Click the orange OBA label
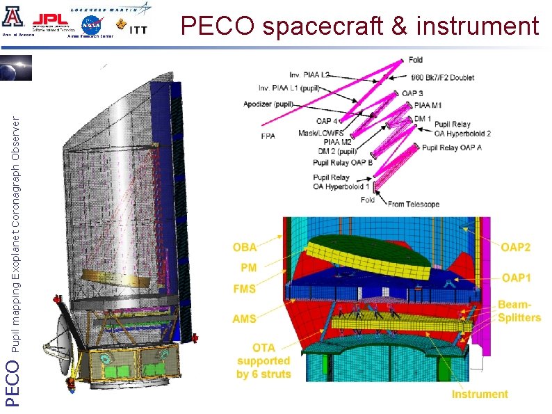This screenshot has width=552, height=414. tap(244, 246)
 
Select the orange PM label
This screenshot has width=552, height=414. tap(248, 267)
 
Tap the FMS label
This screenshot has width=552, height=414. tap(245, 288)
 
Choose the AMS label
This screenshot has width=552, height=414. tap(245, 319)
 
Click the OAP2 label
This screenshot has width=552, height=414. tap(517, 246)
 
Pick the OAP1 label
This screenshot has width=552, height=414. tap(517, 277)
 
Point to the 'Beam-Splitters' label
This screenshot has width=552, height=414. tap(519, 311)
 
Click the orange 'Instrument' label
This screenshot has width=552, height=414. tap(480, 394)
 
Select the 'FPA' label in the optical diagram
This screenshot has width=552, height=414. tap(268, 136)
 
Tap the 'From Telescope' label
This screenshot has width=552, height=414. tap(414, 204)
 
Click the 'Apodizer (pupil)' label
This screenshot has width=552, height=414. tap(268, 104)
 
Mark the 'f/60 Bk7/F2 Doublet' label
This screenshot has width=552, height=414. tap(443, 78)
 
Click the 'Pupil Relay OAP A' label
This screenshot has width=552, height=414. tap(452, 148)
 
